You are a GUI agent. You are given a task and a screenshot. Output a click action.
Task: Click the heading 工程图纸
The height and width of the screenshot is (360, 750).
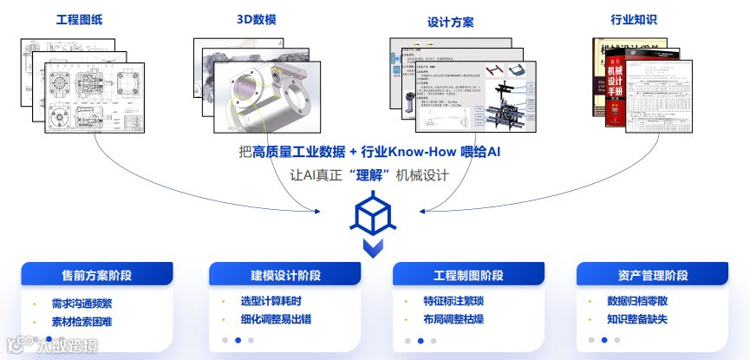[79, 18]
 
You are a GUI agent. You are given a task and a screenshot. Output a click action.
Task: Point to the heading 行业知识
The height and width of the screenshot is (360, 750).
[634, 18]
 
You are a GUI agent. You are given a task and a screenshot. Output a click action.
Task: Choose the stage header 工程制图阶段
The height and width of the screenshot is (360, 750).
[468, 276]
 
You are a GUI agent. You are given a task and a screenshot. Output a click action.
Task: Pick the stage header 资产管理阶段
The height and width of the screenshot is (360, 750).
[653, 276]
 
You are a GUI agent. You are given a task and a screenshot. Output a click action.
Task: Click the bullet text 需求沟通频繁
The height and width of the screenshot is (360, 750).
[82, 304]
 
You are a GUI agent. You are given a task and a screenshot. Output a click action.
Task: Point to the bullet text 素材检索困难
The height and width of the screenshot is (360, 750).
[82, 322]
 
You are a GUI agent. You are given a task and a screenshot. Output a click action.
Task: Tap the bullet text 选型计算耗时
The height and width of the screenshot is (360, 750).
[271, 301]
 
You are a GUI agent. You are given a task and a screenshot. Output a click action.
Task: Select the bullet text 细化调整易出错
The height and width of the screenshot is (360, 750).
[276, 318]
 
